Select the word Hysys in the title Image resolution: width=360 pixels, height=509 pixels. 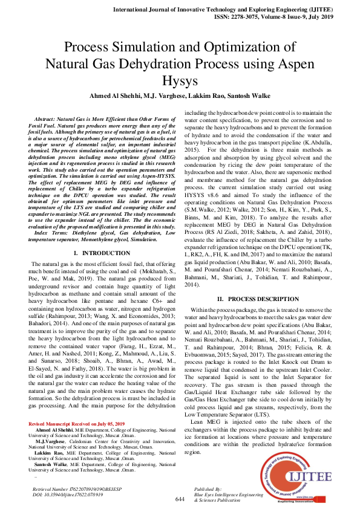click(x=180, y=80)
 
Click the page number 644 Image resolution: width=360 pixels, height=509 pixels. click(x=179, y=499)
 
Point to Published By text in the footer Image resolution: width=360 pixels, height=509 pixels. click(x=208, y=487)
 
